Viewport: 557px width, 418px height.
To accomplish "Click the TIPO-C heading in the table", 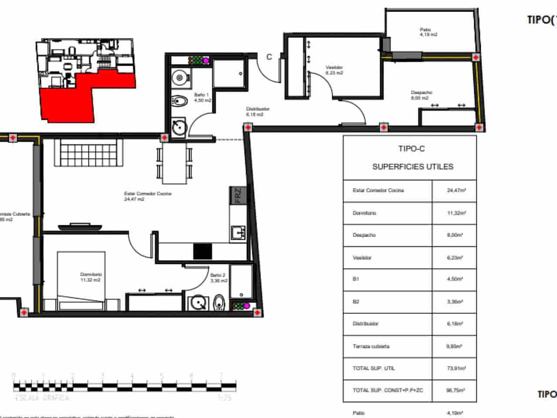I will [x=411, y=149].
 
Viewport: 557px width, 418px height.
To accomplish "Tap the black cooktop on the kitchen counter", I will [x=202, y=252].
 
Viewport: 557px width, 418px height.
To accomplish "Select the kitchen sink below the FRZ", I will [x=238, y=233].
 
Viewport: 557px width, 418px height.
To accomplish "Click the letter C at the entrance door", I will [x=269, y=57].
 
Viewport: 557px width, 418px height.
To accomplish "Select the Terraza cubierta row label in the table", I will [x=371, y=347].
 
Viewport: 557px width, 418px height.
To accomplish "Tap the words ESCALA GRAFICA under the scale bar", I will [x=42, y=398].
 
